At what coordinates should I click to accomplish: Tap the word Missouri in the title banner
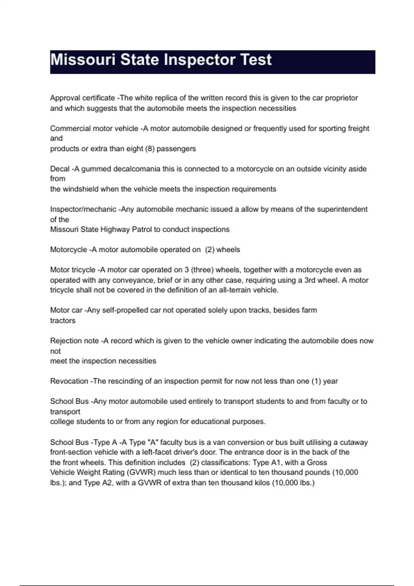(83, 60)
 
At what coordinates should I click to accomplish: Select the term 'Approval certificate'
(82, 98)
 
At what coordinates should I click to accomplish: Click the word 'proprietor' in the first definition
(341, 98)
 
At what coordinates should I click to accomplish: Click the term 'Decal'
(60, 169)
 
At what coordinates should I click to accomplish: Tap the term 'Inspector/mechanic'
(83, 209)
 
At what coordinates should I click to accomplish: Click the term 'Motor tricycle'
(72, 270)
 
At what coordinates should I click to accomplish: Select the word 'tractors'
(63, 321)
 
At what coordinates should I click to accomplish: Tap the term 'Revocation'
(69, 381)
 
